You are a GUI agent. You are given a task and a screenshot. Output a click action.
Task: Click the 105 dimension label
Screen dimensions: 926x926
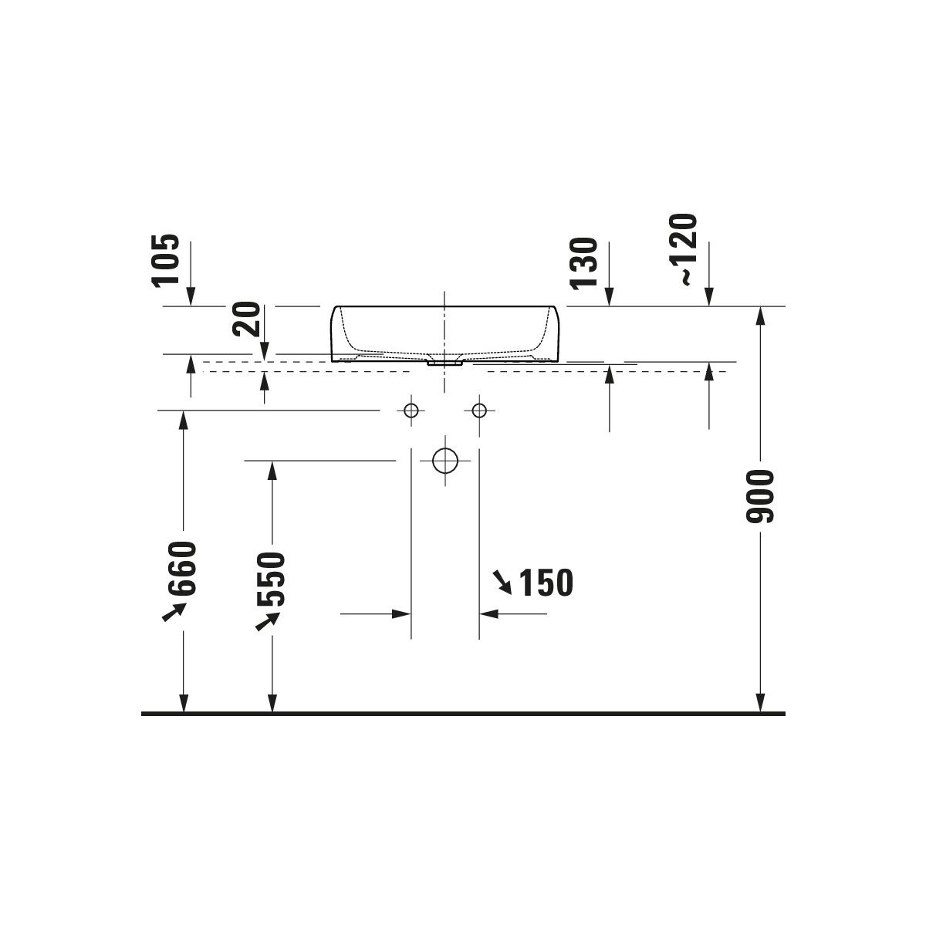[166, 262]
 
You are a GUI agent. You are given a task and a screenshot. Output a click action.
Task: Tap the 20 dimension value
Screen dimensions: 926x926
[246, 319]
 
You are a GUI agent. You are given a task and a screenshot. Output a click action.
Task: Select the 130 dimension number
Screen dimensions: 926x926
[584, 264]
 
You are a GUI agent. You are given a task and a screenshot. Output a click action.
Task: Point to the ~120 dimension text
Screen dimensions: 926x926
[683, 250]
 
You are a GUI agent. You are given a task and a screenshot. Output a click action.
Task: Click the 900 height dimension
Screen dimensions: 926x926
[760, 496]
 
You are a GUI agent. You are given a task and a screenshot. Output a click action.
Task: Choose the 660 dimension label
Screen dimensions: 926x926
[183, 569]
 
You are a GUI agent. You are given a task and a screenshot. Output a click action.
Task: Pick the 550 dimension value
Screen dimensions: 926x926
[272, 580]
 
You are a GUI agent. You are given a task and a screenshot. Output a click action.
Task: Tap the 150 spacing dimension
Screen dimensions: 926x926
[547, 583]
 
